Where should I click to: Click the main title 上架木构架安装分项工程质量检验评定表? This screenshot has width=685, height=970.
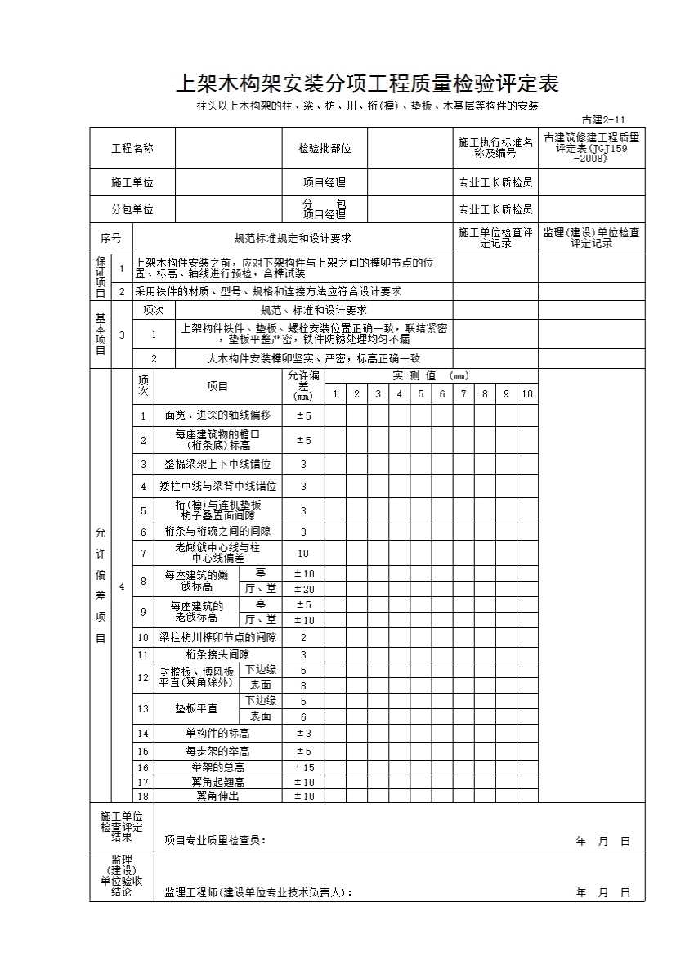tap(367, 84)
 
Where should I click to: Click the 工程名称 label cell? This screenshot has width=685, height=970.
tap(132, 148)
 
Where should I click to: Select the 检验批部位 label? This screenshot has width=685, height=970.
tap(325, 148)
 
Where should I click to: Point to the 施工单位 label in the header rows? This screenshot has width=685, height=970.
tap(132, 182)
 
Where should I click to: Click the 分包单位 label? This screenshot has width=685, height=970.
tap(132, 209)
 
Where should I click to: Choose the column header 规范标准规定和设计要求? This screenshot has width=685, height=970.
tap(293, 239)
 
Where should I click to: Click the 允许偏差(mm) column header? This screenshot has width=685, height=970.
tap(303, 385)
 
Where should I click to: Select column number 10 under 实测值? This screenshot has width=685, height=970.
tap(527, 394)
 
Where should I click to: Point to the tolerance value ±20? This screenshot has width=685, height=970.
tap(303, 589)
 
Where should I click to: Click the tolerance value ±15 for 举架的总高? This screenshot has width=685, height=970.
tap(303, 767)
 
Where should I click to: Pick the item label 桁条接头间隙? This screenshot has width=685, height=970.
tap(217, 654)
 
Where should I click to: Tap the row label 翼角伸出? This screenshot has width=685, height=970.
tap(217, 796)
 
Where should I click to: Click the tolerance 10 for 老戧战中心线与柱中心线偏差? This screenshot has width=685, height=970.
tap(303, 554)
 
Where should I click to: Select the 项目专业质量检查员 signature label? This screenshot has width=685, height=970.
tap(215, 840)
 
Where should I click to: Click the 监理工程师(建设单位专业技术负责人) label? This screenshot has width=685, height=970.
tap(258, 892)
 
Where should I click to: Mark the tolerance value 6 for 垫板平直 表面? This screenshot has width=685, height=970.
tap(303, 716)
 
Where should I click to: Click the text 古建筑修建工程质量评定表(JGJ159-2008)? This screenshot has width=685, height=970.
tap(591, 148)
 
